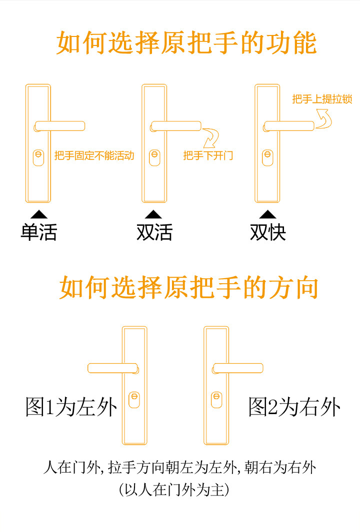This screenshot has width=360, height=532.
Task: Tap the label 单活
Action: tap(38, 232)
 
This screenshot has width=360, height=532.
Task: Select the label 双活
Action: tap(154, 232)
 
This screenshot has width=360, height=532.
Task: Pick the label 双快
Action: tap(268, 232)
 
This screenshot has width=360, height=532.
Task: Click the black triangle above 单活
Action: tap(39, 214)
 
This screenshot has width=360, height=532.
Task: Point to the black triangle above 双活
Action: tap(153, 214)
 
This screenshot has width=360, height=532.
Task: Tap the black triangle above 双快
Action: tap(268, 214)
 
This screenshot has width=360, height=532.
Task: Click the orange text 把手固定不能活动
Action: tap(94, 156)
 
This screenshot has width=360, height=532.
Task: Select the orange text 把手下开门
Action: tap(208, 156)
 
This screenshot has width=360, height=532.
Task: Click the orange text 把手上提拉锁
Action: tap(322, 99)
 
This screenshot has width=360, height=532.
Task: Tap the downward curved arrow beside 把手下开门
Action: tap(212, 137)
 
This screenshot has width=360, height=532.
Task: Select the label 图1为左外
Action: tap(71, 407)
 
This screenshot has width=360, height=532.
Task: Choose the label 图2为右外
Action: tap(294, 407)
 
